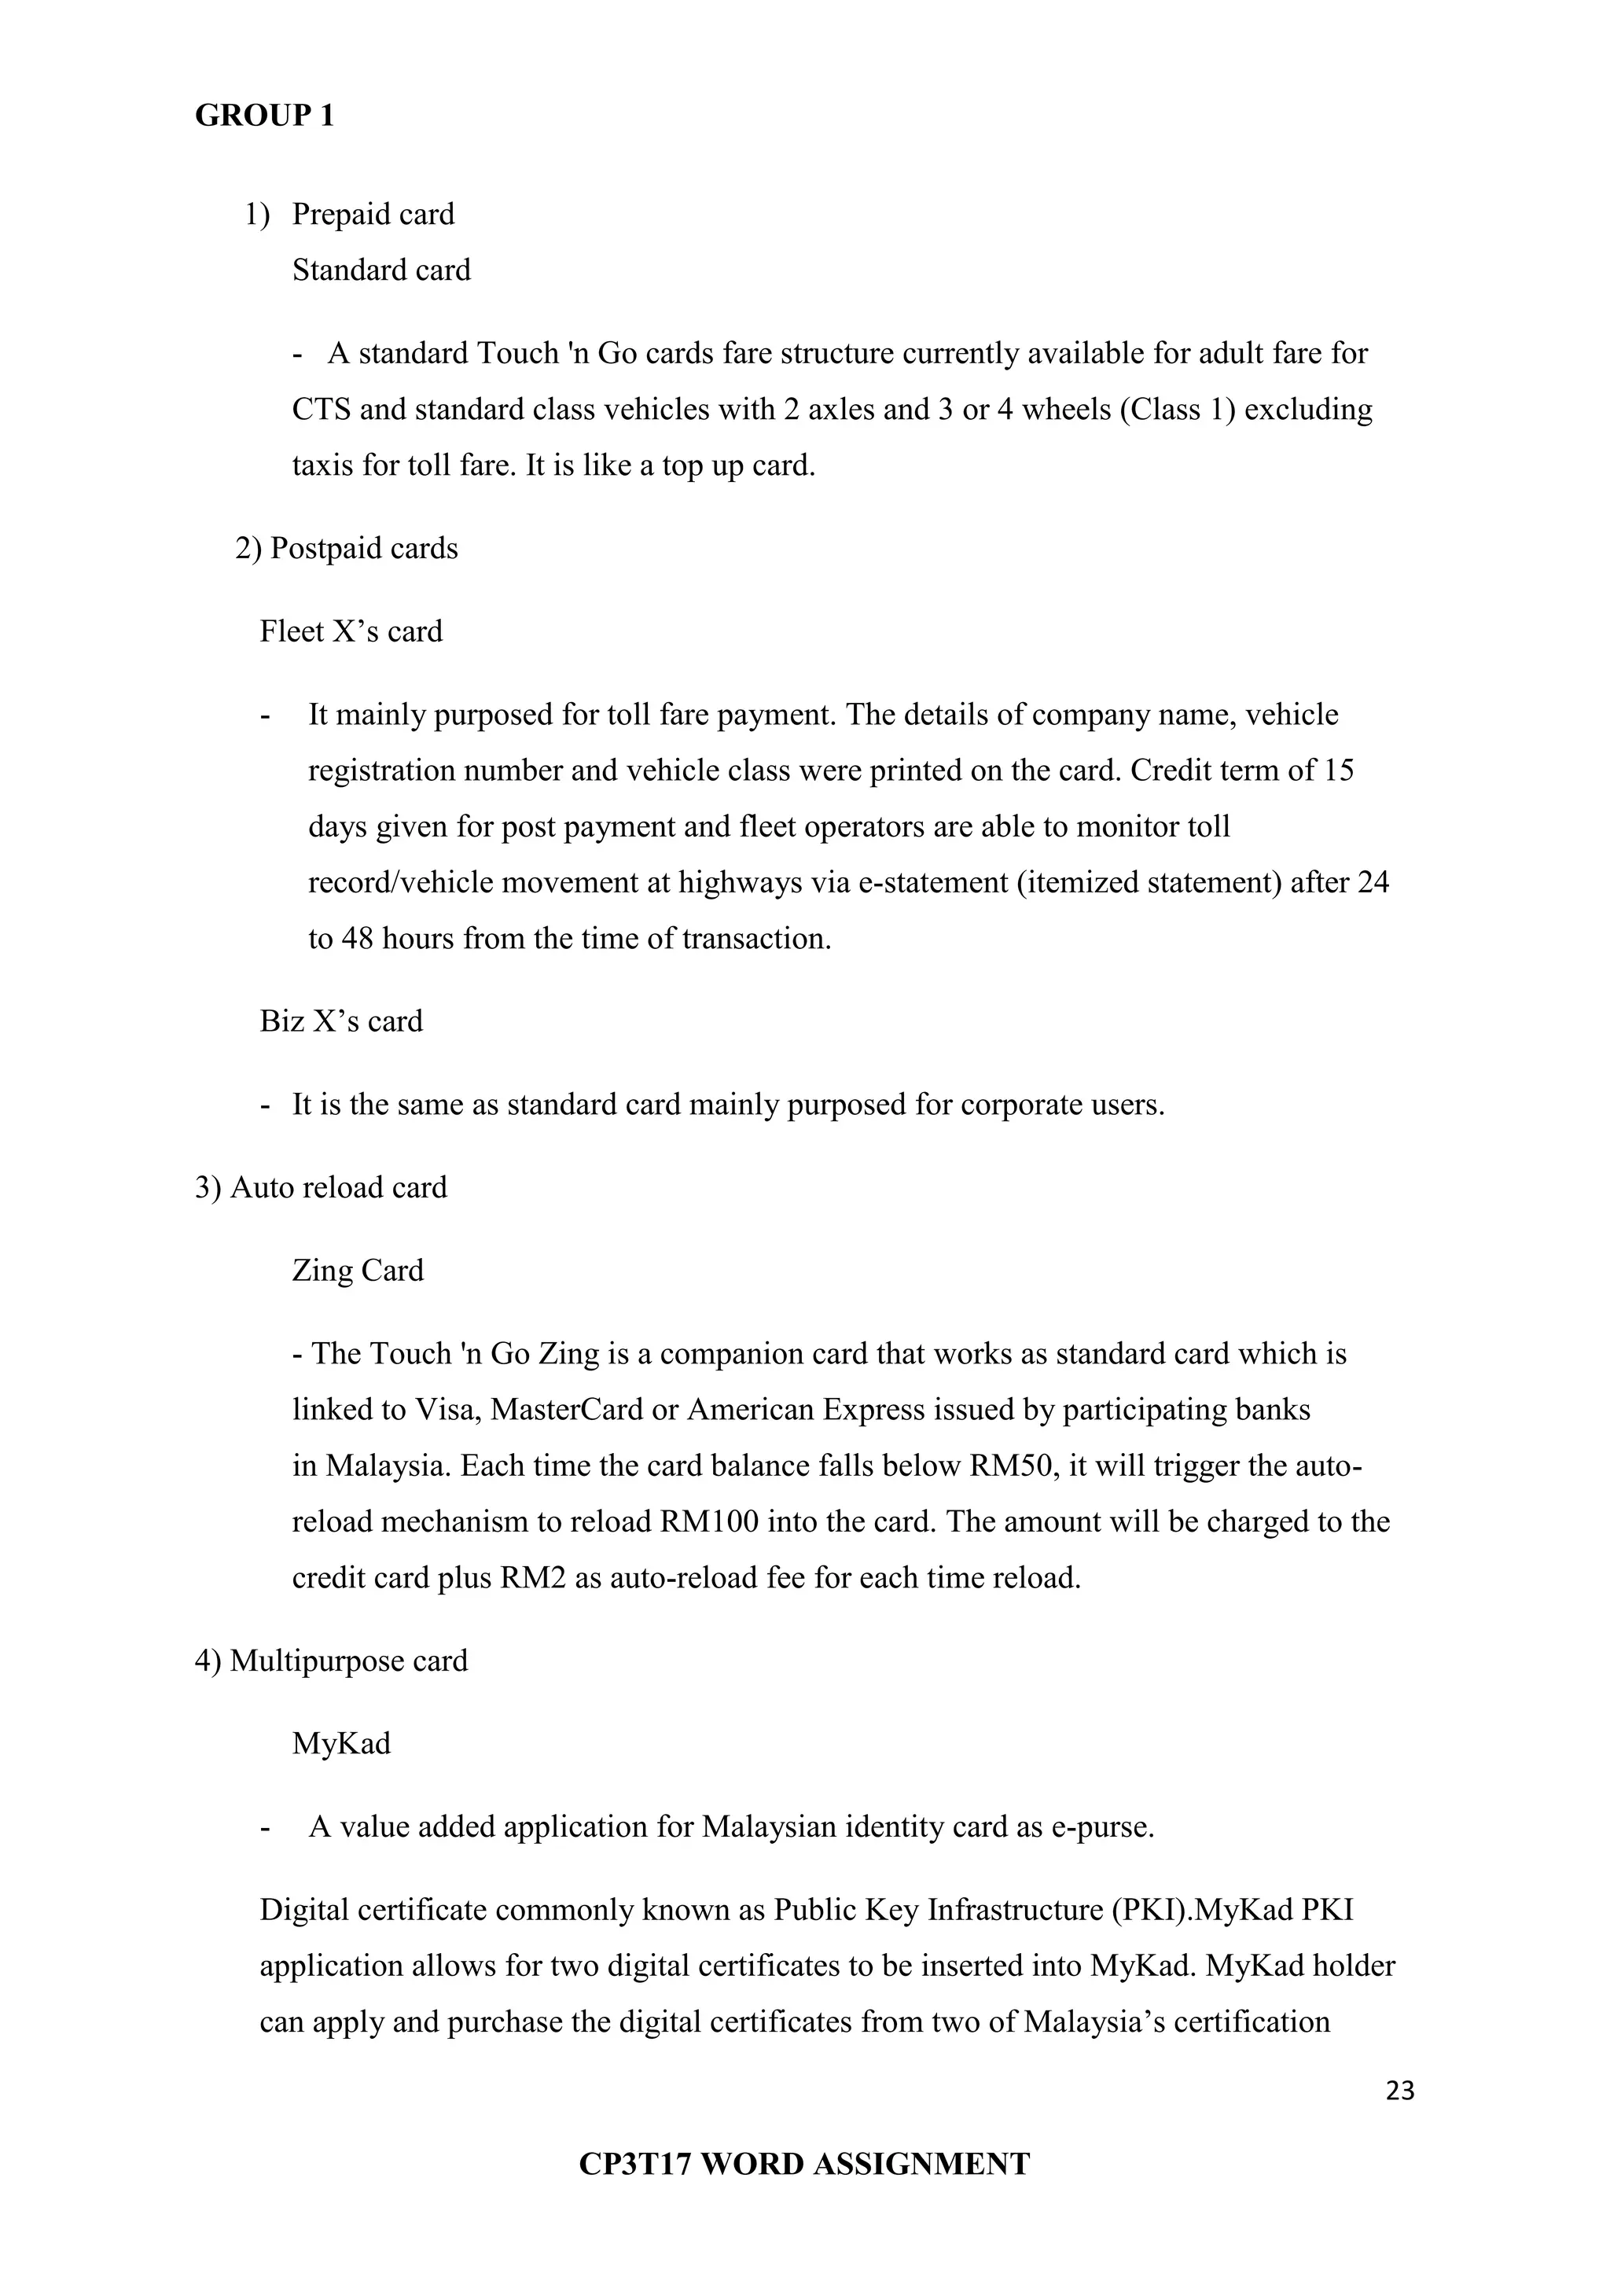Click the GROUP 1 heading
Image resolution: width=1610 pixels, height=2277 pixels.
[265, 116]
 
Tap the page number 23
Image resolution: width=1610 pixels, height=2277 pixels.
[1400, 2091]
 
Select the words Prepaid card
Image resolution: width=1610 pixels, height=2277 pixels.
[373, 214]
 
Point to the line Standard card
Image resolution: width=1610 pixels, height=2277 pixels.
[380, 270]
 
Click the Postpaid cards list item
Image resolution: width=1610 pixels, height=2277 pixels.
[346, 549]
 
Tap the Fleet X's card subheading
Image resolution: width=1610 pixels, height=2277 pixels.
[351, 631]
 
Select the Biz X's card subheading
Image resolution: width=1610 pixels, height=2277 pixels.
[341, 1021]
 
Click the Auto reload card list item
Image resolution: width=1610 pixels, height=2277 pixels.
[322, 1187]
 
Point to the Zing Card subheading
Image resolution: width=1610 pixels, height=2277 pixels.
[358, 1271]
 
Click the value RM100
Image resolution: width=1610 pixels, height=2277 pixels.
[709, 1521]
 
